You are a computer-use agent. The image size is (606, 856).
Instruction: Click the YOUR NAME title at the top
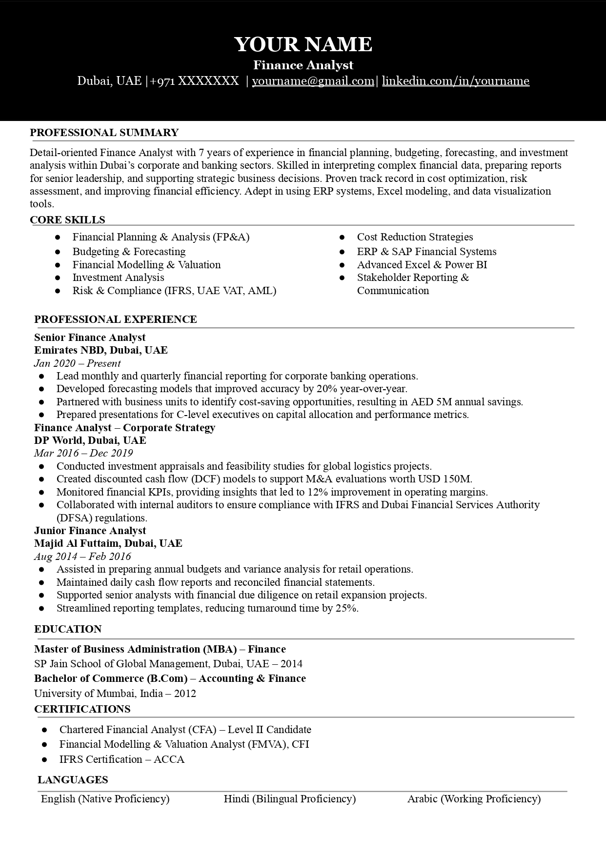(303, 44)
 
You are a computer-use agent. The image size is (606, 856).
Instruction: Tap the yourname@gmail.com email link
(313, 81)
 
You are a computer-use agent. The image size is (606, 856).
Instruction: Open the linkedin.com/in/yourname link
(455, 81)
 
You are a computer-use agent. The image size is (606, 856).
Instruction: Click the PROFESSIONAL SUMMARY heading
(104, 133)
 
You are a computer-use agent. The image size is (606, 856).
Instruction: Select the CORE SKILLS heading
(67, 220)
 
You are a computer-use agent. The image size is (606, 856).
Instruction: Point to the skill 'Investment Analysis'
(118, 278)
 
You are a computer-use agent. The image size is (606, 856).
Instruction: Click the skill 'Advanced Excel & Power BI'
(422, 265)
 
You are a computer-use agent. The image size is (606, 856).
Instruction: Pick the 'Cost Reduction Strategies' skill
(415, 237)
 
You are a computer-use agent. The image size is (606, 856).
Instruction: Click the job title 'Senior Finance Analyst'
(90, 338)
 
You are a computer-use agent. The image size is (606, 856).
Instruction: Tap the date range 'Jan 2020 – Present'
(77, 363)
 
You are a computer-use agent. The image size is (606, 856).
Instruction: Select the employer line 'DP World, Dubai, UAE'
(90, 440)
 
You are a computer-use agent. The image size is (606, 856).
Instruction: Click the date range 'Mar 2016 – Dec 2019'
(83, 453)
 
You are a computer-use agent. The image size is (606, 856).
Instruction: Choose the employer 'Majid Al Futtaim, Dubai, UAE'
(108, 543)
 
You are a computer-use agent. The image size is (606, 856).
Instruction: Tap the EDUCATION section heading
(68, 629)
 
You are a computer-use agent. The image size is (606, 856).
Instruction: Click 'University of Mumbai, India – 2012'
(115, 694)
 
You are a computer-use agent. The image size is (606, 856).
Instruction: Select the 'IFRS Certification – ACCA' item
(121, 759)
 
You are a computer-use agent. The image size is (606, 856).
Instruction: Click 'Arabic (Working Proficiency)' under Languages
(474, 799)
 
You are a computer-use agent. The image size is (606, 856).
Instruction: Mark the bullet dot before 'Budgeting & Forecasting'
(58, 252)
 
